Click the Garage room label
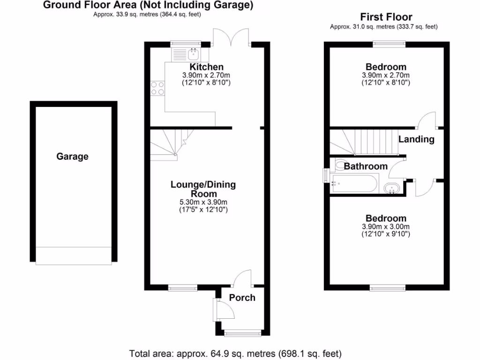(x=72, y=157)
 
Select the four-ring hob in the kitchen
(x=157, y=88)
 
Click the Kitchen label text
(x=206, y=67)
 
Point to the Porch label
(x=242, y=298)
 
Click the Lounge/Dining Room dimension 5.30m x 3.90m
(x=203, y=202)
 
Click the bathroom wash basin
(x=391, y=189)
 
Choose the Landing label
(x=416, y=139)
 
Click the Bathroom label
(x=366, y=166)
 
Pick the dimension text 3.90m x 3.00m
(x=386, y=227)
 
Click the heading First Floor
(x=386, y=17)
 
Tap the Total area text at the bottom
(x=235, y=353)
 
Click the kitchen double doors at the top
(x=231, y=37)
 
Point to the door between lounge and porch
(x=242, y=278)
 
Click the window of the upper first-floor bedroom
(x=389, y=44)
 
